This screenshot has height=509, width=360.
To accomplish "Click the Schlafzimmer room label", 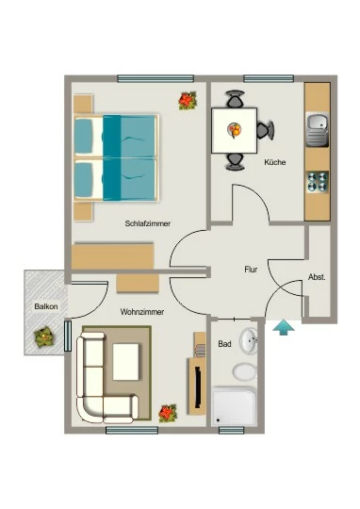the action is (x=147, y=223).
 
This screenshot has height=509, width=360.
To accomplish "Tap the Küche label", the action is (x=275, y=162).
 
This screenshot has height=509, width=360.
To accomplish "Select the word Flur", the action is (x=251, y=269).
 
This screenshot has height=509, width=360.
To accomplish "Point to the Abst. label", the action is (x=317, y=277).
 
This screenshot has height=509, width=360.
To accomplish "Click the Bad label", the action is (x=224, y=344).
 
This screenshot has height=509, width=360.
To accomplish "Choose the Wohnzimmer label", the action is (x=142, y=312).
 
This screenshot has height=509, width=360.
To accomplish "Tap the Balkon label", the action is (x=46, y=306).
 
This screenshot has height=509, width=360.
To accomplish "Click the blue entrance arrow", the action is (x=284, y=327).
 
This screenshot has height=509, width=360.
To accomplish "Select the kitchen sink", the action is (x=318, y=129).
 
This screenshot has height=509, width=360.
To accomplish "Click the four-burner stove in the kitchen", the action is (x=318, y=182).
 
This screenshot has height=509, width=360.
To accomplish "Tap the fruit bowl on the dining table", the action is (x=235, y=129).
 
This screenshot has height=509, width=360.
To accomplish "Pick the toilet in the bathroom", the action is (x=245, y=371).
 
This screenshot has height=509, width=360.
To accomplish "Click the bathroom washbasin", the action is (x=249, y=340).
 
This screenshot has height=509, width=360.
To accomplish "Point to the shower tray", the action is (x=234, y=405).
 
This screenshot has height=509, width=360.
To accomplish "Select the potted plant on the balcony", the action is (x=44, y=337).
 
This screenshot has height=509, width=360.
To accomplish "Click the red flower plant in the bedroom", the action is (x=188, y=101).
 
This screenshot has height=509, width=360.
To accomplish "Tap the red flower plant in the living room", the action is (x=168, y=413).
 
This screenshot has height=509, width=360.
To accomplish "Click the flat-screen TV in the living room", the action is (x=197, y=387).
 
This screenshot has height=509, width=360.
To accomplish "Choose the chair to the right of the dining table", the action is (x=266, y=130).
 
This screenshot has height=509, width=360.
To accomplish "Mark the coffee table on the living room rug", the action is (x=126, y=362).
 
